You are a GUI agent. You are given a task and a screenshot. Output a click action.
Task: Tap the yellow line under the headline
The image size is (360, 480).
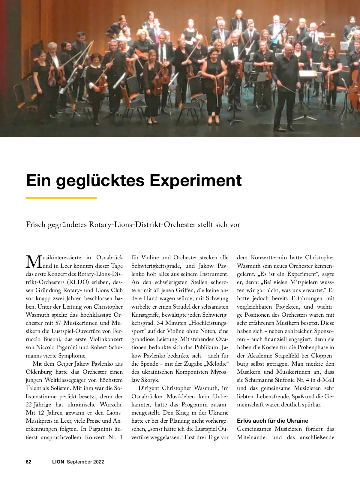61,198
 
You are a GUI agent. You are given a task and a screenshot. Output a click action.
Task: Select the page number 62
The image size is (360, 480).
29,462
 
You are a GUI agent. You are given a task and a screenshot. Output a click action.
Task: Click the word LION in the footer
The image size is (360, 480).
58,462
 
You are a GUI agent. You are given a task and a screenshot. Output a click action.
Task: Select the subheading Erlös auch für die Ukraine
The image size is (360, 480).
272,421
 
